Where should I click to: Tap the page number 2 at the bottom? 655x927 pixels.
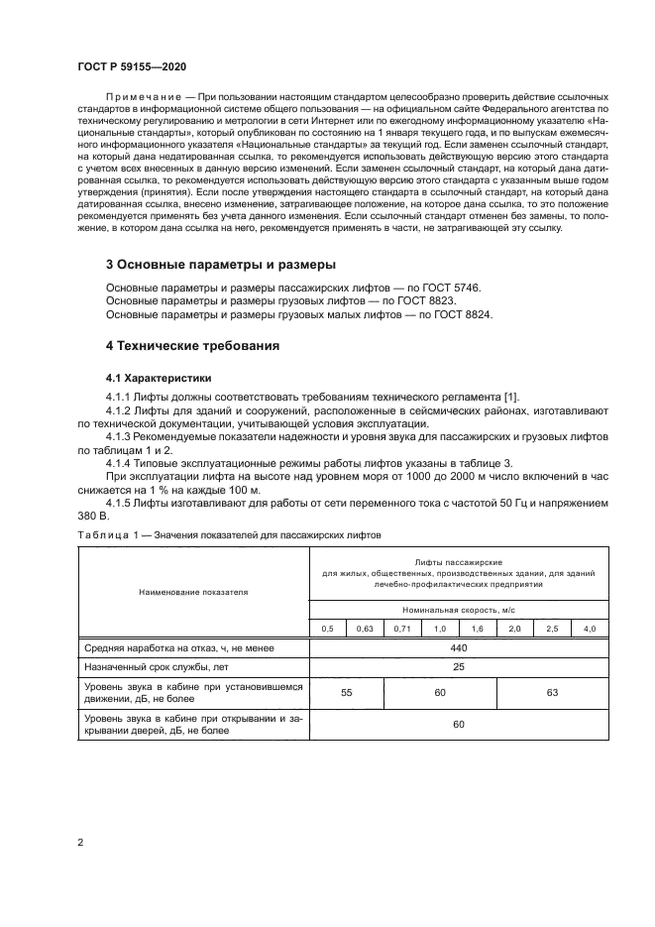coord(81,843)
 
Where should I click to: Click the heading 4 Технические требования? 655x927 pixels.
coord(192,346)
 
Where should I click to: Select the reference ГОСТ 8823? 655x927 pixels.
coord(435,300)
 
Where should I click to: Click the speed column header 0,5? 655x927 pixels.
coord(327,629)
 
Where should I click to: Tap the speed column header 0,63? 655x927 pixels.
coord(365,629)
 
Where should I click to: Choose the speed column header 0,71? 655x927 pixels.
coord(401,629)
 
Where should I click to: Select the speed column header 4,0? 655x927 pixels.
coord(590,629)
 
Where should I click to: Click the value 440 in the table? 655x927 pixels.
coord(459,647)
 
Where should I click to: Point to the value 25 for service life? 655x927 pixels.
coord(459,668)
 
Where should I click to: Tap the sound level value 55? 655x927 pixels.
coord(346,693)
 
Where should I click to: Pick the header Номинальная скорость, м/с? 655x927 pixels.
coord(459,609)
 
